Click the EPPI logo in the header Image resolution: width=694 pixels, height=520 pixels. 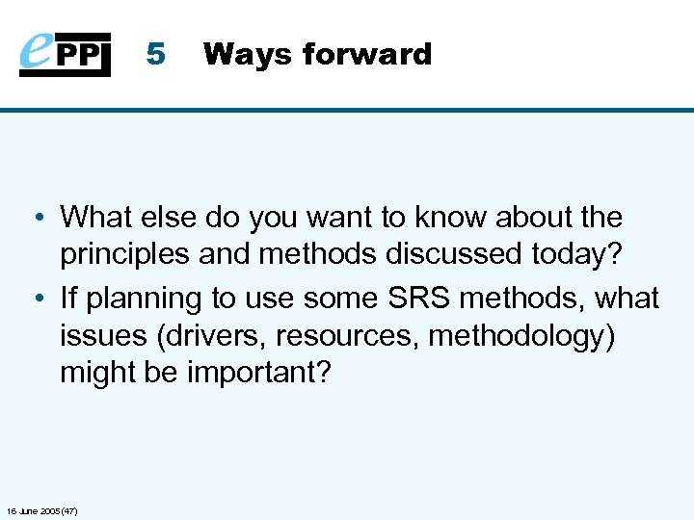pos(65,54)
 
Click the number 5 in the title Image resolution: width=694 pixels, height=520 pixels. pos(155,54)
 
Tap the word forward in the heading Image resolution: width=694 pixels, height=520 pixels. pos(366,54)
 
